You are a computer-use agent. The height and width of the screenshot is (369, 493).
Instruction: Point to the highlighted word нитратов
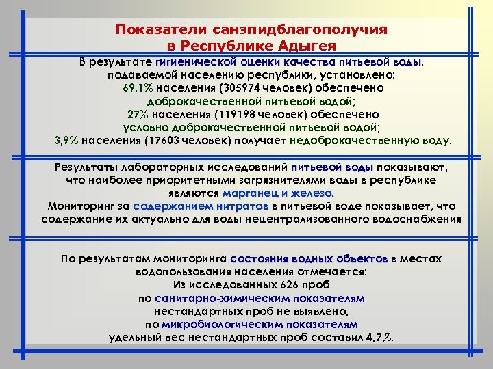click(x=242, y=206)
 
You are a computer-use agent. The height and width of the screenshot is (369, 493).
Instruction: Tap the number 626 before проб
click(x=287, y=285)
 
